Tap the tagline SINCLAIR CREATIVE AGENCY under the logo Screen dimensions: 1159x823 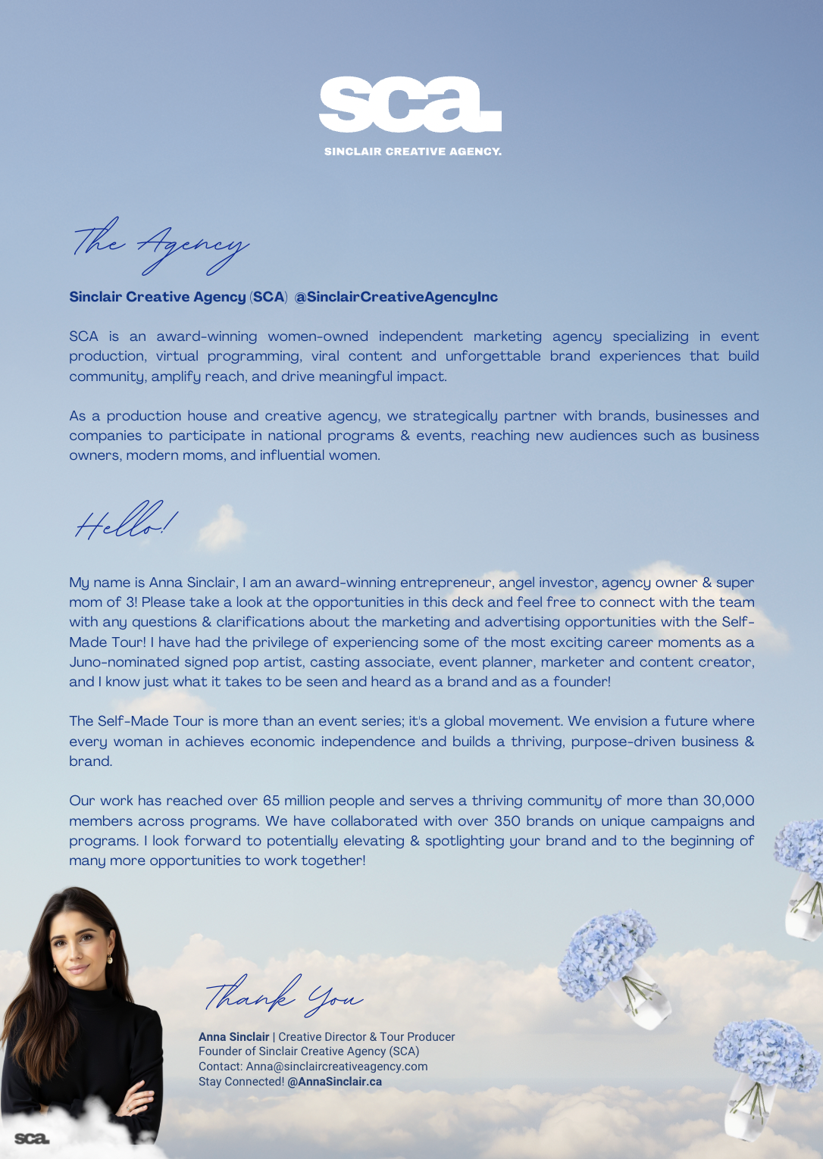pyautogui.click(x=413, y=152)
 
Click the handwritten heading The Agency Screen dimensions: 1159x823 pyautogui.click(x=161, y=245)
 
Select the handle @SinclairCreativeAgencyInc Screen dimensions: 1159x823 pyautogui.click(x=396, y=297)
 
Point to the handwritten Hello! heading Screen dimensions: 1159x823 pyautogui.click(x=126, y=521)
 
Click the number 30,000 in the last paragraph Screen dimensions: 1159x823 pyautogui.click(x=728, y=801)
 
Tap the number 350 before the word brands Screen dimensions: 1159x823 pyautogui.click(x=507, y=821)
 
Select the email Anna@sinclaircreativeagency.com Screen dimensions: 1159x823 pyautogui.click(x=336, y=1067)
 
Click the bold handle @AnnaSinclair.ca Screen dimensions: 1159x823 pyautogui.click(x=334, y=1082)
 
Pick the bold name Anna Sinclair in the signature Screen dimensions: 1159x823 pyautogui.click(x=233, y=1037)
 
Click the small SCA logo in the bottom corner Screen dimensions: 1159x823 pyautogui.click(x=32, y=1139)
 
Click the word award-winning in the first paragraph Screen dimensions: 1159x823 pyautogui.click(x=207, y=336)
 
